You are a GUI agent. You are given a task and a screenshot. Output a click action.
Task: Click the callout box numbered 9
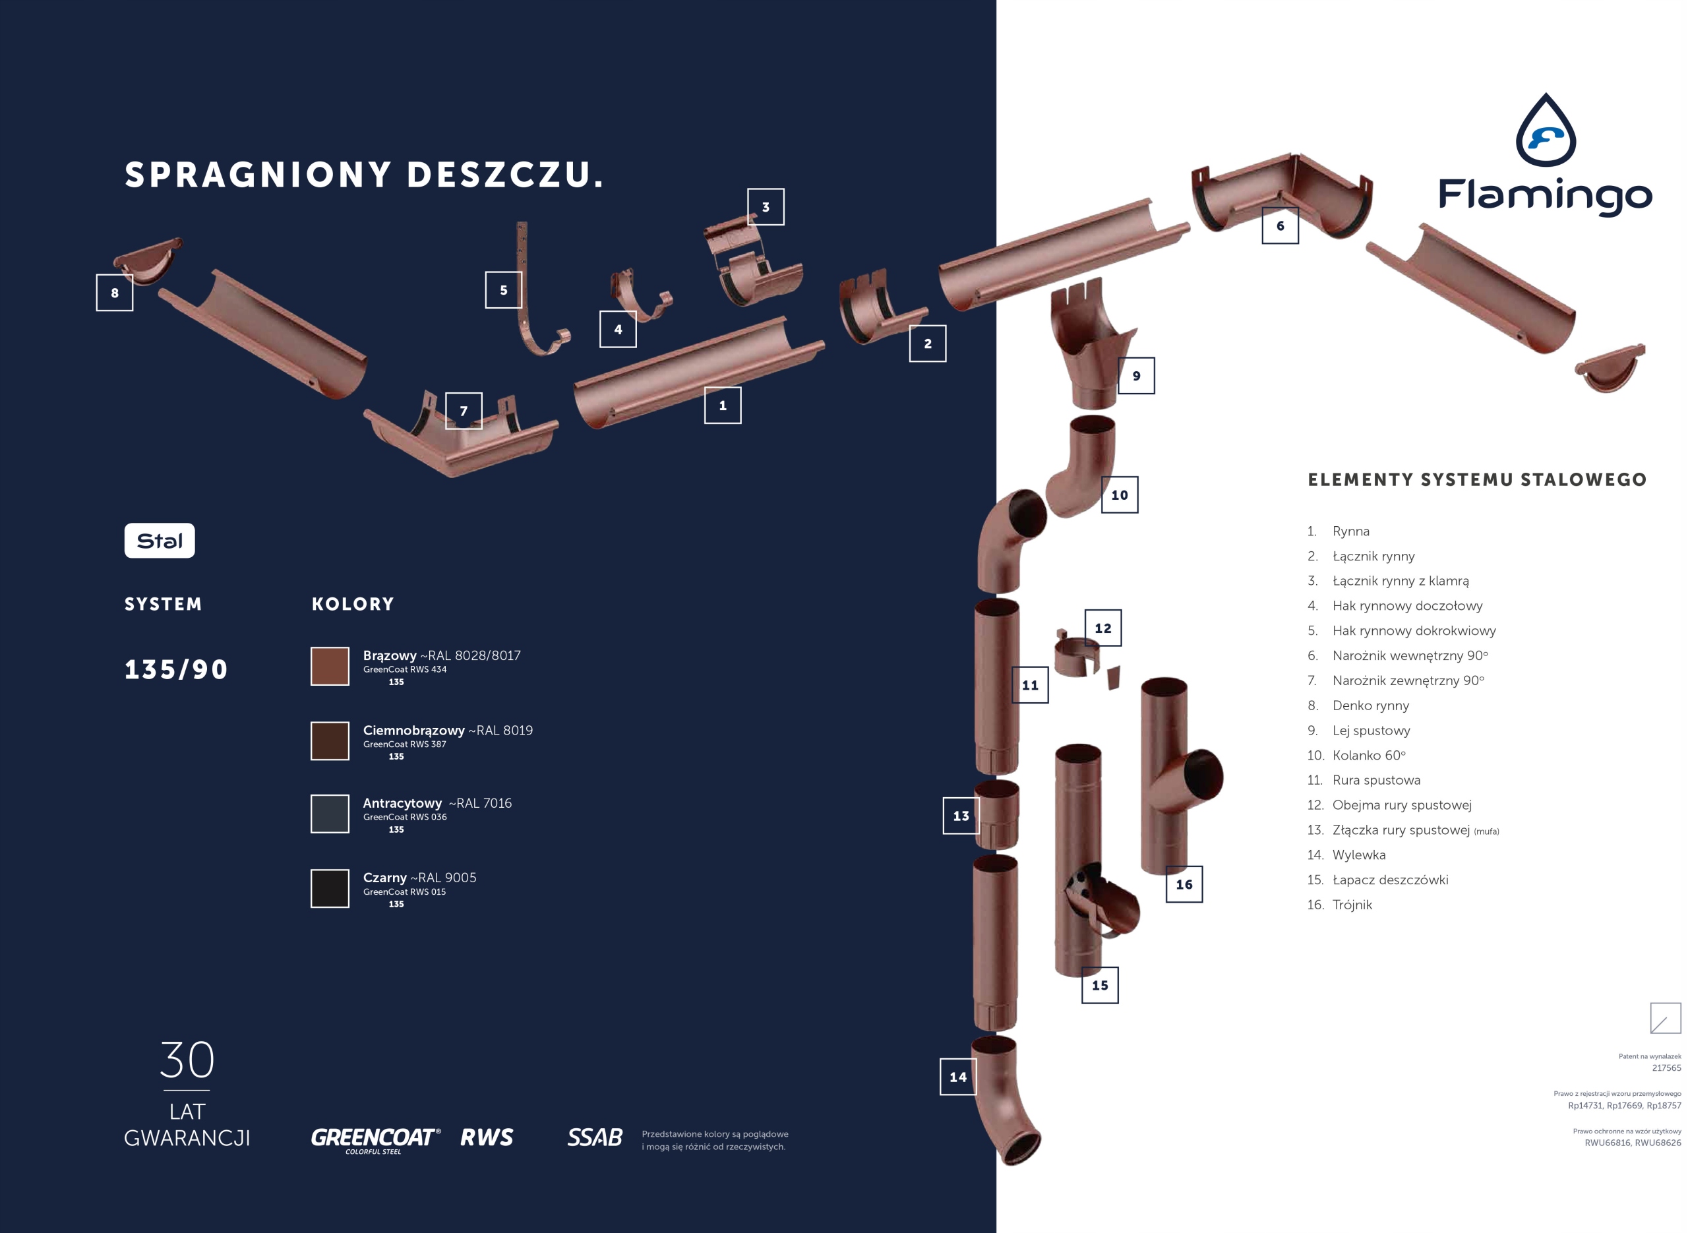pyautogui.click(x=1136, y=375)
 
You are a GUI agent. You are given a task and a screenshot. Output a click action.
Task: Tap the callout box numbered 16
pyautogui.click(x=1184, y=884)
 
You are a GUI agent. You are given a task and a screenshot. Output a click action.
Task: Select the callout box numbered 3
pyautogui.click(x=766, y=207)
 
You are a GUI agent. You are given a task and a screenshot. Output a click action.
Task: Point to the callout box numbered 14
pyautogui.click(x=958, y=1077)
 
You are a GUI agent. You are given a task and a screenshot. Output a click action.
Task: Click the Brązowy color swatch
pyautogui.click(x=330, y=666)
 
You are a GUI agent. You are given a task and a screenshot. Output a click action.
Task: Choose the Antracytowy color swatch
pyautogui.click(x=330, y=814)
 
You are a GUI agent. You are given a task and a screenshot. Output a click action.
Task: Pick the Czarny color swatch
pyautogui.click(x=330, y=888)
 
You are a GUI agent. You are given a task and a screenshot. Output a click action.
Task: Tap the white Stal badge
pyautogui.click(x=160, y=541)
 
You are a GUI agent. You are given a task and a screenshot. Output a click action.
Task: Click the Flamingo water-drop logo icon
pyautogui.click(x=1546, y=131)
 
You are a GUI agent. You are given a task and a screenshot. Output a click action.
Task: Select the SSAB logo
pyautogui.click(x=595, y=1137)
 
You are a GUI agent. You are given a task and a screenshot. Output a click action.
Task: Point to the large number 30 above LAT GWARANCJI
pyautogui.click(x=187, y=1060)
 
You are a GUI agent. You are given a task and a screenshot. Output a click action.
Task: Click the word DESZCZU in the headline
pyautogui.click(x=504, y=175)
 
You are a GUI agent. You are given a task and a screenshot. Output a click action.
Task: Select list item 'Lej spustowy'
pyautogui.click(x=1371, y=730)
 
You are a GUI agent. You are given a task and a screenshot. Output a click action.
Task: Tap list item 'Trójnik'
pyautogui.click(x=1352, y=905)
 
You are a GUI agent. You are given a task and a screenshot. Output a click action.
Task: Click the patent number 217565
pyautogui.click(x=1666, y=1068)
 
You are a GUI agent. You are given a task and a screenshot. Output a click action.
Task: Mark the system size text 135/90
pyautogui.click(x=176, y=669)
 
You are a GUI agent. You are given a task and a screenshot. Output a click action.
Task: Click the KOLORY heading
pyautogui.click(x=353, y=604)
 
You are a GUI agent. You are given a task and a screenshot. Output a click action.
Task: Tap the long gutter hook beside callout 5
pyautogui.click(x=531, y=299)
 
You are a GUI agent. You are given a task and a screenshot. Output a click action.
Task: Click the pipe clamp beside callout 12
pyautogui.click(x=1076, y=655)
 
